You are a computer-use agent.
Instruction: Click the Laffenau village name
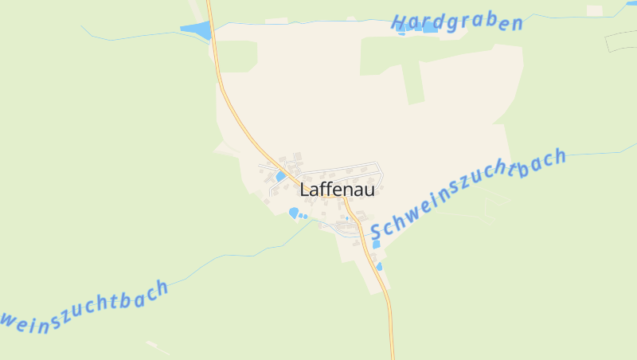[337, 190]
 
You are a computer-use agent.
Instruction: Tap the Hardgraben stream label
[458, 22]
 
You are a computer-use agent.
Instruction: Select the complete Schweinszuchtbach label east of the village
[468, 194]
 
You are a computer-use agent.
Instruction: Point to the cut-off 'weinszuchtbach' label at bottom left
[84, 304]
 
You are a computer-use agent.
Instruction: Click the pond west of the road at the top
[196, 31]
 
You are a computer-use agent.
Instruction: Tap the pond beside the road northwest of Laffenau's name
[280, 176]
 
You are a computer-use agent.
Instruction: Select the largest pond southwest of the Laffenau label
[294, 213]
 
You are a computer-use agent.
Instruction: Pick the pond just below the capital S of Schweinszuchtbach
[376, 245]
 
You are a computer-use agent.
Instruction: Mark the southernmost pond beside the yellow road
[380, 266]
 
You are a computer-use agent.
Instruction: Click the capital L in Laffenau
[305, 190]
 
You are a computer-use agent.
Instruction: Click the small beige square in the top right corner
[594, 10]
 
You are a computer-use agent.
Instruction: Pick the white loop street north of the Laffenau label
[350, 167]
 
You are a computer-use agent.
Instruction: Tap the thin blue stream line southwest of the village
[239, 255]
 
